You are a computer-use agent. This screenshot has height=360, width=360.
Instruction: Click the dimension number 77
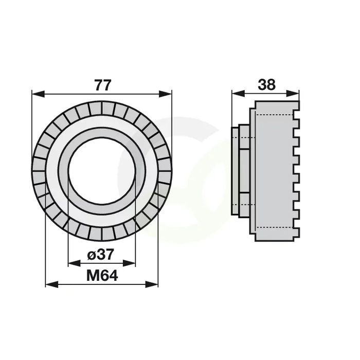pos(103,85)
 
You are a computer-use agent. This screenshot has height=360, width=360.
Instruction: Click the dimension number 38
pos(266,84)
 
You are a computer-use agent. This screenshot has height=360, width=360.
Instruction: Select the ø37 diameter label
pos(101,255)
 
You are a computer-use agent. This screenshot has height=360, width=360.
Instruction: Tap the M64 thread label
pos(102,276)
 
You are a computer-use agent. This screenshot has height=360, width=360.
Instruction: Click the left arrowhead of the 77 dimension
pos(38,94)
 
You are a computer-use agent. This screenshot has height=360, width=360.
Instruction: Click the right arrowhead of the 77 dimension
pos(165,94)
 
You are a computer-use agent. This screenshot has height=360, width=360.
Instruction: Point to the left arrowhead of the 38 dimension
pos(238,94)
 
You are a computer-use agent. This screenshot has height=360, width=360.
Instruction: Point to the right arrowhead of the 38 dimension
pos(293,94)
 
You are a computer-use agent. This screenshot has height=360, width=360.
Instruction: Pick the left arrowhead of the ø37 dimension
pos(75,263)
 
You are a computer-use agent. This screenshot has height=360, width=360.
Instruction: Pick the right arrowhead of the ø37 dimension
pos(129,263)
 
